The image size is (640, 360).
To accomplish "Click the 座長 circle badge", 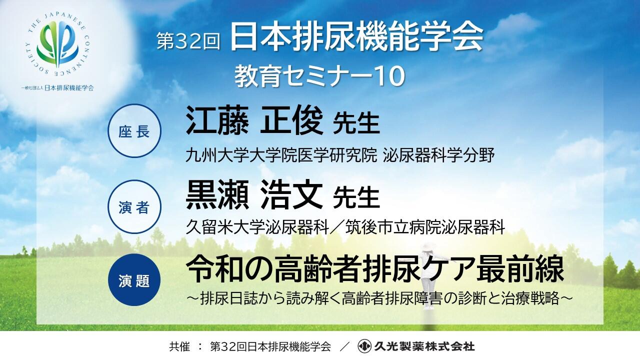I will pyautogui.click(x=133, y=131).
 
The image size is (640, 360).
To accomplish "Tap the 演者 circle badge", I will pyautogui.click(x=133, y=206).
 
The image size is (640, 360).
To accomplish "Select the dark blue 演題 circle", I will pyautogui.click(x=133, y=280).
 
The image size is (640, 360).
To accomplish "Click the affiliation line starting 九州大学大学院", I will pyautogui.click(x=340, y=156).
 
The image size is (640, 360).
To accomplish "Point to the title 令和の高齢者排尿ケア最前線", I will pyautogui.click(x=375, y=270).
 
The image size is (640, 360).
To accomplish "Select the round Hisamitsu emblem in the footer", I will pyautogui.click(x=364, y=346).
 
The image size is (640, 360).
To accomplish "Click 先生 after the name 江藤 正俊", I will pyautogui.click(x=356, y=123).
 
